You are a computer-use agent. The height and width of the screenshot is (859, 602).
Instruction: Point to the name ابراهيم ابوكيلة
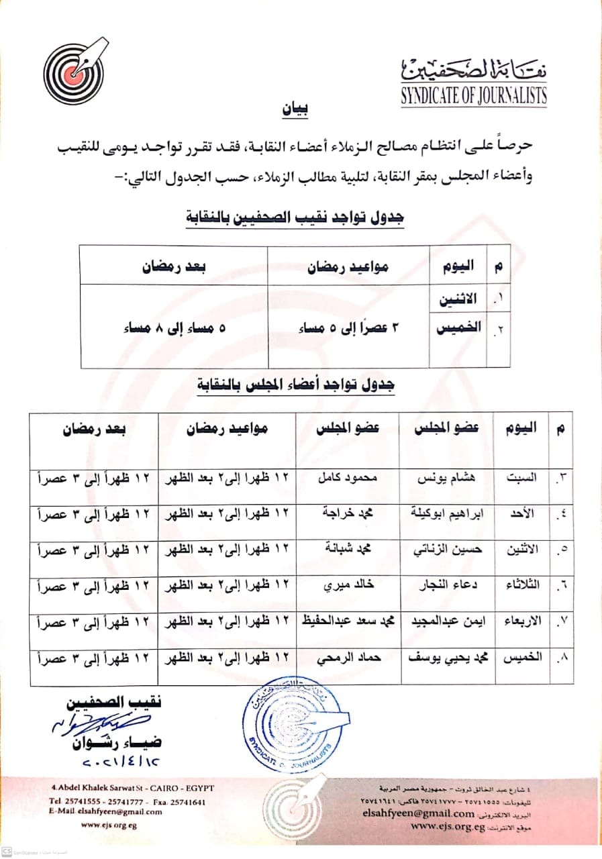(x=445, y=513)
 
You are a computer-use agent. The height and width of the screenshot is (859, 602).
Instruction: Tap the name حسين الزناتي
(x=446, y=548)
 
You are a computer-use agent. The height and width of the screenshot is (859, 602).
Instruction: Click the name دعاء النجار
(x=445, y=585)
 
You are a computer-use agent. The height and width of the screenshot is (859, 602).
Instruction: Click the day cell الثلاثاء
(x=520, y=585)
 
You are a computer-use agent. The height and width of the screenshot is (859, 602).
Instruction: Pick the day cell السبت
(x=521, y=478)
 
